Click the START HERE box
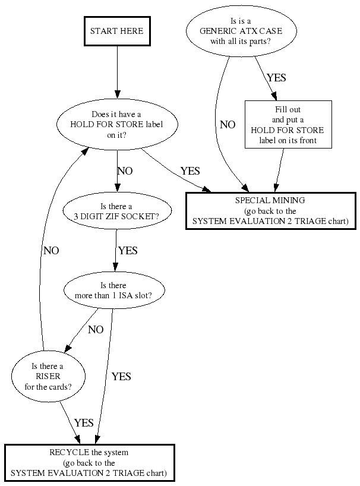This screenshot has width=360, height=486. (117, 30)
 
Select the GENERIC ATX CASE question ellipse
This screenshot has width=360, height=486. (230, 33)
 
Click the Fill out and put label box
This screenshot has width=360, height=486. (288, 125)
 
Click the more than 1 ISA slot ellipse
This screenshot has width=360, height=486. (113, 291)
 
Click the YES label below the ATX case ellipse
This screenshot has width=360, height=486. (277, 78)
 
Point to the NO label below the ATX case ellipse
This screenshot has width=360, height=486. (228, 125)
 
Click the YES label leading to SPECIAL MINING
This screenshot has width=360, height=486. (190, 171)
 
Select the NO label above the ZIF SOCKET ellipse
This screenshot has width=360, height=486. (125, 171)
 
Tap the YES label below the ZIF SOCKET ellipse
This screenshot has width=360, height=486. (127, 251)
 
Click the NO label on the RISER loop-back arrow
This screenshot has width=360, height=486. (51, 251)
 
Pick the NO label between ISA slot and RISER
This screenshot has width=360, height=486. (96, 330)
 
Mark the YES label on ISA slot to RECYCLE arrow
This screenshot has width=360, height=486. (121, 377)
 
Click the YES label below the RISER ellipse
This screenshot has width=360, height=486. (84, 423)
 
